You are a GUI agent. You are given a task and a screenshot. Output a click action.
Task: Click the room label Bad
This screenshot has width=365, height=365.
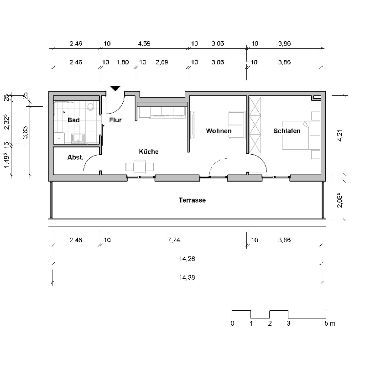coord(74,120)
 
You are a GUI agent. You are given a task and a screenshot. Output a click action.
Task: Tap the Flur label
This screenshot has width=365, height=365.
coord(115,120)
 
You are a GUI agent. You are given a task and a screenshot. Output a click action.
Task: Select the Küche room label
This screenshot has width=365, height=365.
coord(149,151)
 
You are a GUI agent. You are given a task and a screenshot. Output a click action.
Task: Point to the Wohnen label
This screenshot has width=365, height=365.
coord(219,131)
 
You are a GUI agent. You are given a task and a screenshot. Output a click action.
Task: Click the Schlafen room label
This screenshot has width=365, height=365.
coord(287,131)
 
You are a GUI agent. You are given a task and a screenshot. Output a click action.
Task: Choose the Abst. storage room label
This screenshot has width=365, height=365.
coord(75,157)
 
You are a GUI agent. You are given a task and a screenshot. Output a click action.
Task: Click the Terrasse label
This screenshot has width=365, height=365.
coord(192,200)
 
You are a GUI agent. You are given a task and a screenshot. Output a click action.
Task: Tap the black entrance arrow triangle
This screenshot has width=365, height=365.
coord(115,89)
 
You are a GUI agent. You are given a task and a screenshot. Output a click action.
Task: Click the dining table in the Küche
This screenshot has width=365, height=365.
coord(140,167)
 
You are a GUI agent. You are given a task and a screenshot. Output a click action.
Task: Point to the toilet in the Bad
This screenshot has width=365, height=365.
coord(90,107)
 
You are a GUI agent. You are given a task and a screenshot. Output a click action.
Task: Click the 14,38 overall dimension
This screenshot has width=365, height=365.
coord(187,277)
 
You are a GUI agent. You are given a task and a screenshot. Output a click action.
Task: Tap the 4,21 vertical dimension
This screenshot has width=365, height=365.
coord(339,136)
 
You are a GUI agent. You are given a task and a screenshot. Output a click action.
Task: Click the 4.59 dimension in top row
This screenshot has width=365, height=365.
coord(144,44)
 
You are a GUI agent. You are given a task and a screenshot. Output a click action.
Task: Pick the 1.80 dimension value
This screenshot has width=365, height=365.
coord(123,63)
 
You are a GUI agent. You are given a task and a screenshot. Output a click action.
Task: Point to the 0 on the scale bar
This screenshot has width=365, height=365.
coord(232,324)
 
